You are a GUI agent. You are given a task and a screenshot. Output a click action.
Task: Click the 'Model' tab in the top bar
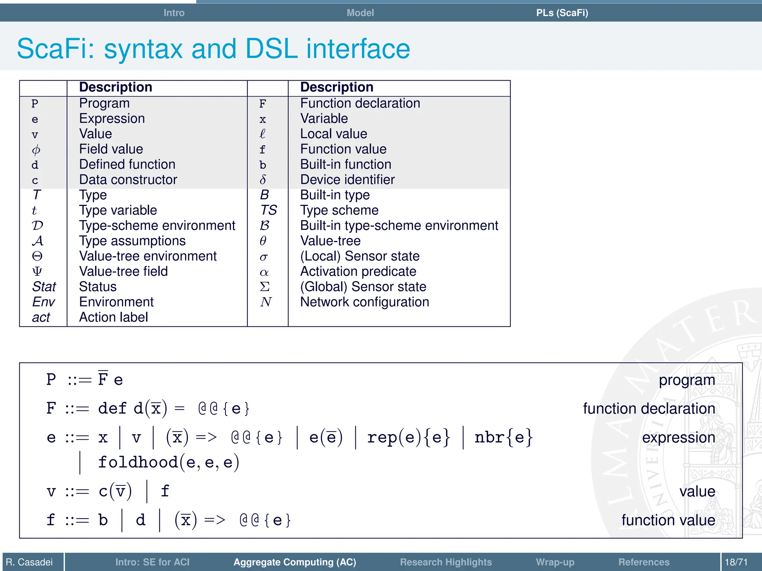coord(360,13)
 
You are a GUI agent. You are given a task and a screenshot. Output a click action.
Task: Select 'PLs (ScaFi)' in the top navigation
coord(562,13)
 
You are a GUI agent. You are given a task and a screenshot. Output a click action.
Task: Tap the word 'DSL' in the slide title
coord(272,49)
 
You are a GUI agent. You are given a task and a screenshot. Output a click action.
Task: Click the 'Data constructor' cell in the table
coord(128,180)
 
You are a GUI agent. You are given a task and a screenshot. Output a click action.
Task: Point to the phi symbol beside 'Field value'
coord(36,149)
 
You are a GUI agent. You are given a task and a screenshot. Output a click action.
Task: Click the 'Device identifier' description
coord(347,180)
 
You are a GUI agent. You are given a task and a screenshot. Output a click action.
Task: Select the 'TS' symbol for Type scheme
coord(268,210)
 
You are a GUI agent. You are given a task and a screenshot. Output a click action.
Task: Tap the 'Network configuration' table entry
coord(364,302)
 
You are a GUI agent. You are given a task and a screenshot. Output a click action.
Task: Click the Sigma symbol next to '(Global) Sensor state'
coord(265,287)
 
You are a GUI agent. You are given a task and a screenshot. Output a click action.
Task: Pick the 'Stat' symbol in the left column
coord(44,287)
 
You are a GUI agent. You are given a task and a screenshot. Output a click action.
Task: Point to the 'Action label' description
coord(113,317)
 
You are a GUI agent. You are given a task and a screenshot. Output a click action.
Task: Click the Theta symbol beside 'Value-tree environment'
coord(37,256)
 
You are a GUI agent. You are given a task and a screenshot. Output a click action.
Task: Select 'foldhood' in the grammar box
coord(138,462)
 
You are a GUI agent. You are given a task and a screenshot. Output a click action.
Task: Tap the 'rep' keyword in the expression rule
coord(381,437)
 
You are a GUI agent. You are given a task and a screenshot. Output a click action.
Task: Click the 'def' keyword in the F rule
coord(112,408)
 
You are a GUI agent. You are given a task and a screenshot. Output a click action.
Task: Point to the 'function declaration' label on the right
coord(649,409)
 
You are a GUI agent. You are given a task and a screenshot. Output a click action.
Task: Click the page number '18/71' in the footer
coord(736,562)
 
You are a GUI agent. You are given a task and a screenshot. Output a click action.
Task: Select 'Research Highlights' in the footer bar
coord(445,562)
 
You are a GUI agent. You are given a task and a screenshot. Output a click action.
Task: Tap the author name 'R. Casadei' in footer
coord(29,562)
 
